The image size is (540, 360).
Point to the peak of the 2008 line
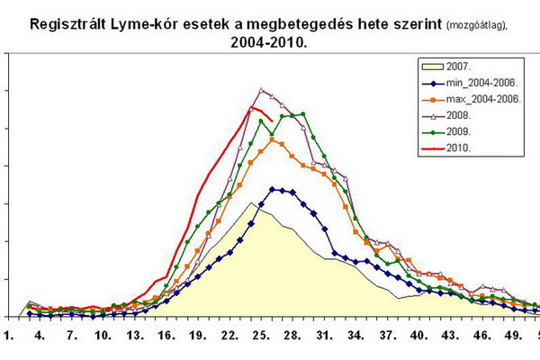pos(261,89)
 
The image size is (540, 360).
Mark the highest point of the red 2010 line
pos(251,108)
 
